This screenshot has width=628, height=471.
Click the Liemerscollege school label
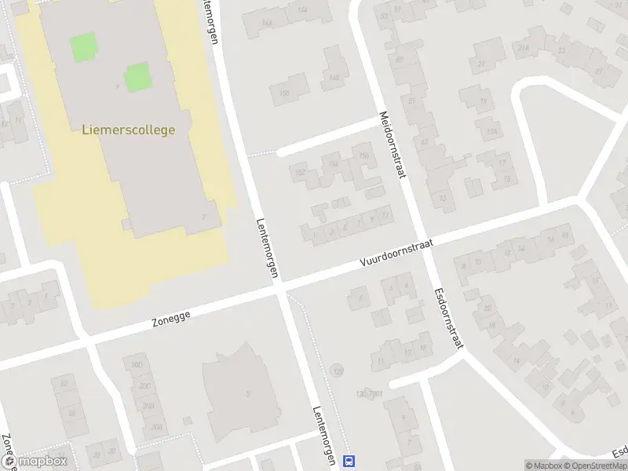coord(128,130)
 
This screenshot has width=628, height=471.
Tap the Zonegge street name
coord(172,316)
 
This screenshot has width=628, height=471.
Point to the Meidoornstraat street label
coord(392,144)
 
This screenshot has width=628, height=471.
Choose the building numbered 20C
coord(144,385)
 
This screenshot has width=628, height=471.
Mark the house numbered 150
coord(284,93)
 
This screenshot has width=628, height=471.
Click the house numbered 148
coord(335,76)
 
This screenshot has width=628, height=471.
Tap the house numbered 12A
coord(492,130)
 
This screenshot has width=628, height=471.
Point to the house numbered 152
coord(298,171)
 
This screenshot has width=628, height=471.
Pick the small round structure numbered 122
coord(338,371)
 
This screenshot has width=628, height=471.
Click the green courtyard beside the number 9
coord(137,77)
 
